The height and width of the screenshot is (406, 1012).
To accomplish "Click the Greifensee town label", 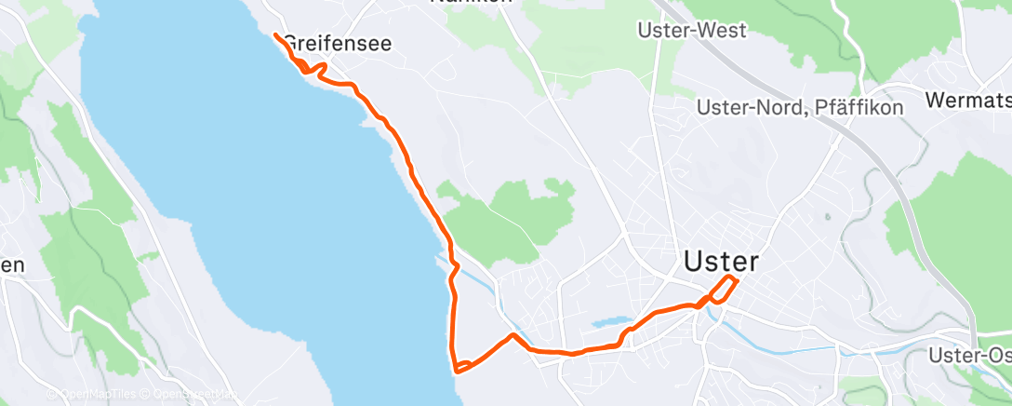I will click(x=338, y=44).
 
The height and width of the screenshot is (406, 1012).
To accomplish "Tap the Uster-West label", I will click(x=691, y=31).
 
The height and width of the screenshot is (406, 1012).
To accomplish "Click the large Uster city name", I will click(x=721, y=262).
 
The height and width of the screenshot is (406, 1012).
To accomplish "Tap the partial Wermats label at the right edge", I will click(x=968, y=98).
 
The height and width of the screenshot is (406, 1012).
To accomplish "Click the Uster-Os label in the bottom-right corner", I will click(x=970, y=356).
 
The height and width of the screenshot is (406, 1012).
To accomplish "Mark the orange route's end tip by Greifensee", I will click(x=275, y=35).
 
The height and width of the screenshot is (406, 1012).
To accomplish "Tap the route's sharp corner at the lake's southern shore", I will click(x=456, y=369).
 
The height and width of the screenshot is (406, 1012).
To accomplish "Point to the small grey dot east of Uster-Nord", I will click(x=827, y=217).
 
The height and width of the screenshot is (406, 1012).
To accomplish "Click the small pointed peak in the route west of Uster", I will click(x=513, y=334).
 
